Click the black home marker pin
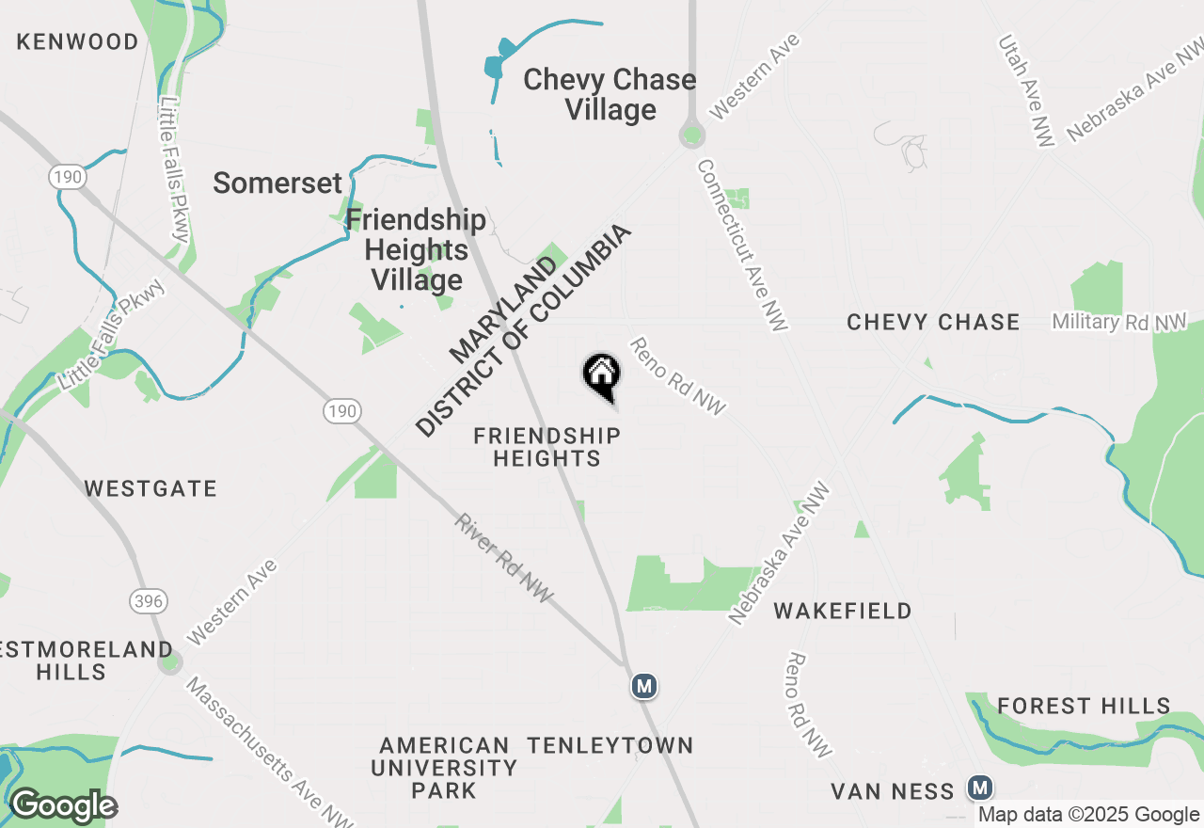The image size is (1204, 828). pyautogui.click(x=602, y=376)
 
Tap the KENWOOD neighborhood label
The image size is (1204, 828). pyautogui.click(x=77, y=41)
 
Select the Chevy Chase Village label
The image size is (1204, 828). pyautogui.click(x=610, y=94)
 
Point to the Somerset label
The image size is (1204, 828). pyautogui.click(x=276, y=183)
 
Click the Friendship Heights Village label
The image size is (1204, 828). pyautogui.click(x=416, y=250)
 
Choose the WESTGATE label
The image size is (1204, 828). pyautogui.click(x=150, y=488)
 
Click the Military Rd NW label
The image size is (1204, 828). pyautogui.click(x=1119, y=322)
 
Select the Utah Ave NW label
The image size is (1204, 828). pyautogui.click(x=1026, y=90)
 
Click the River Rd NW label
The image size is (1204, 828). pyautogui.click(x=504, y=559)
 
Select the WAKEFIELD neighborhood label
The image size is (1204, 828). pyautogui.click(x=843, y=612)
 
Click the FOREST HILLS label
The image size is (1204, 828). pyautogui.click(x=1084, y=706)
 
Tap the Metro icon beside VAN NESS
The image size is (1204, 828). pyautogui.click(x=981, y=788)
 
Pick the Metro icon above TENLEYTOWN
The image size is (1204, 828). pyautogui.click(x=643, y=687)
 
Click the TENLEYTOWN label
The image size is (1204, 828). pyautogui.click(x=610, y=746)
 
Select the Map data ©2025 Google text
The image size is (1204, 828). pyautogui.click(x=1088, y=815)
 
